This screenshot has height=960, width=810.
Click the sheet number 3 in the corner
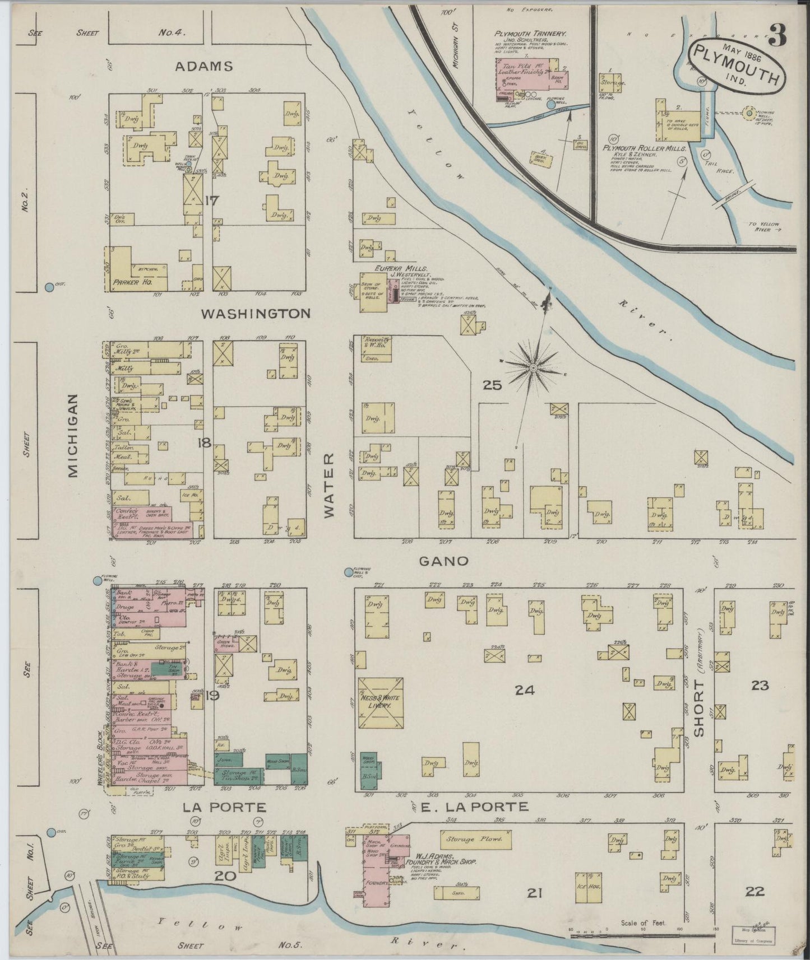(777, 35)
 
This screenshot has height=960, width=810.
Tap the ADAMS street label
(204, 66)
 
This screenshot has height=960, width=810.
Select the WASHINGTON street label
(256, 313)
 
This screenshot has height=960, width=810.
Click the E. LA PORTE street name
(475, 807)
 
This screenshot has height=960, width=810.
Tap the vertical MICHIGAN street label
(73, 435)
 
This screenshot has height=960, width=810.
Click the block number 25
(492, 385)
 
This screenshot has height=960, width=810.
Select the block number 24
(524, 691)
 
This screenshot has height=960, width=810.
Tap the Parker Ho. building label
(132, 283)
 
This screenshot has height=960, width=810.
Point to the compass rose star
(533, 367)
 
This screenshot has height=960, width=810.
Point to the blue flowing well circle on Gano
(349, 572)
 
